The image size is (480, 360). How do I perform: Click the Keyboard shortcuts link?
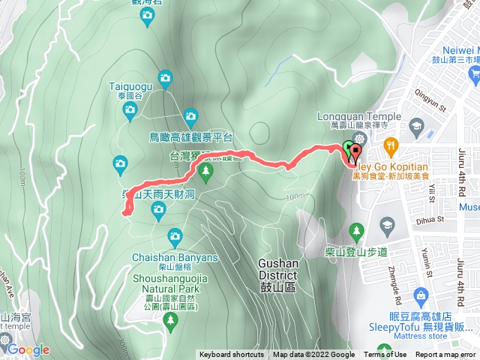[x=232, y=355]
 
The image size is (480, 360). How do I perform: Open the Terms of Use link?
[x=385, y=355]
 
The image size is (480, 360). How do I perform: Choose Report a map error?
[x=445, y=355]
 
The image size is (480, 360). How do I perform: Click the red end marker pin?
[x=355, y=152]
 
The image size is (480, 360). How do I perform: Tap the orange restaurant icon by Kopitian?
[x=389, y=145]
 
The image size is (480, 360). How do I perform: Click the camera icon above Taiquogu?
[x=165, y=77]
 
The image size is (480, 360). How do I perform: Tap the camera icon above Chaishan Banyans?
[x=175, y=237]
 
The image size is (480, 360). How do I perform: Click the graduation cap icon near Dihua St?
[x=388, y=225]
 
